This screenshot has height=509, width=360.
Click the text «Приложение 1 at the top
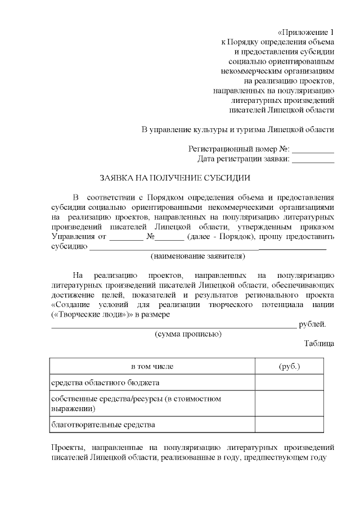coord(306,31)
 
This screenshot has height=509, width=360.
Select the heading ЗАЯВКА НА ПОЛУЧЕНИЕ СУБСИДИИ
coord(174,177)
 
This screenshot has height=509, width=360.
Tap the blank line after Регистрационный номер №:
coord(313,150)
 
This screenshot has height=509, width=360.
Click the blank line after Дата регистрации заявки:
coord(313,159)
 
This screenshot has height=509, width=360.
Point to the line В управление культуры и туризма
coord(237,129)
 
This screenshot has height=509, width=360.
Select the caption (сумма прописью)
coord(188,334)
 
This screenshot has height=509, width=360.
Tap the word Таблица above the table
coord(319,343)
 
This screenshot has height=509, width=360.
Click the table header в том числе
coord(152,367)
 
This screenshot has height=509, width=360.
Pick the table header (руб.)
coord(289,367)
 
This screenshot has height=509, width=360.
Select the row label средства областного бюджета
coord(106,382)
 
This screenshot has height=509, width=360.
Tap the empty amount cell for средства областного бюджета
coord(289,382)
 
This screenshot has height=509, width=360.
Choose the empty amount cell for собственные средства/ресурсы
coord(289,403)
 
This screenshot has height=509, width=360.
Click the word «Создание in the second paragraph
coord(70,304)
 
